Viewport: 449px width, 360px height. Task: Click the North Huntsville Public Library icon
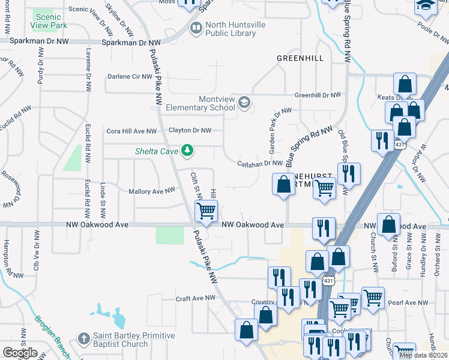pos(196,28)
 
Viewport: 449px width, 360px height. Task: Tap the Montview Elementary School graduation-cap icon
pos(244,103)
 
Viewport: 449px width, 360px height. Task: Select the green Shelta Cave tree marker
pos(187,150)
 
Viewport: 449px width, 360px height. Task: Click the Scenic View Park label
pos(49,22)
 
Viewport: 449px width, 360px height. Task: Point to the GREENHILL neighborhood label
pos(300,58)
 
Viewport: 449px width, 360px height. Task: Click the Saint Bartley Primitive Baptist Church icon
pos(84,340)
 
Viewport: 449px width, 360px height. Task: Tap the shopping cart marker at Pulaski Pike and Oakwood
pos(206,211)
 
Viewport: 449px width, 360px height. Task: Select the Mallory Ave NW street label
pos(152,191)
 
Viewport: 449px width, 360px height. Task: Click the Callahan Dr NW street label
pos(259,163)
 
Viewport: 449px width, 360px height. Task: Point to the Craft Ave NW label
pos(195,298)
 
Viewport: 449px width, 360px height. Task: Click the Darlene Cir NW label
pos(130,77)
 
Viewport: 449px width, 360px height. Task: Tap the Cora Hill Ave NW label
pos(131,131)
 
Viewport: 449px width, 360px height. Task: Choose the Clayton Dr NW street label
pos(190,130)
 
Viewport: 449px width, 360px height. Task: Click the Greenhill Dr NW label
pos(318,95)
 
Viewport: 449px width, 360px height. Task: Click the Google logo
pos(20,352)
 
